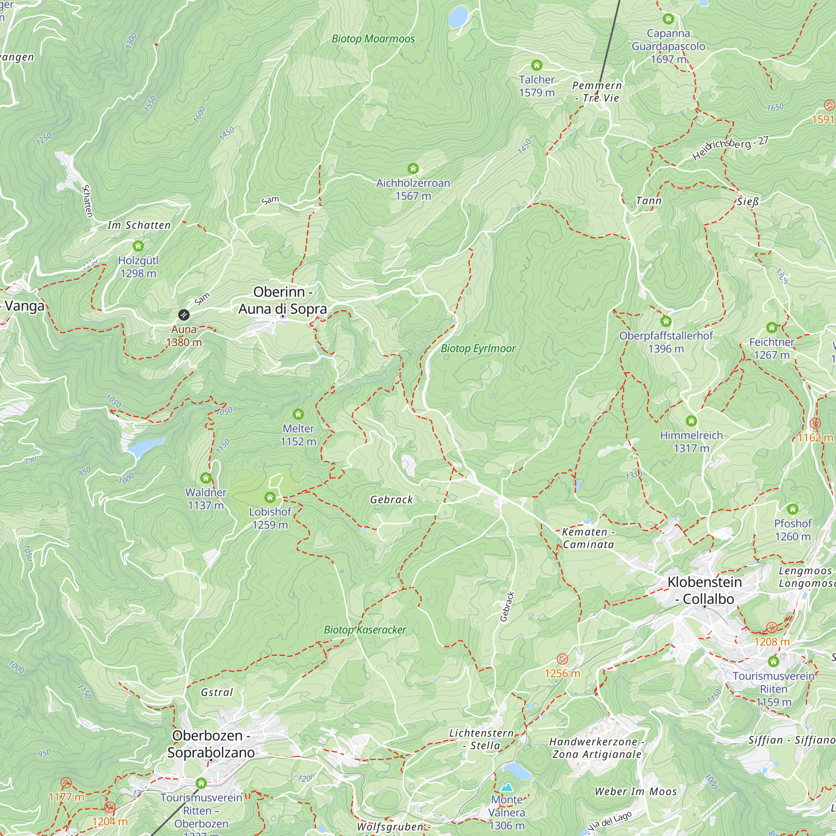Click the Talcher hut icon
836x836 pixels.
[537, 65]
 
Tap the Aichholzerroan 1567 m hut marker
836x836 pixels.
[413, 168]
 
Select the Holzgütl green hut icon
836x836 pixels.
[138, 246]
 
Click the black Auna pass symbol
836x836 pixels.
[184, 315]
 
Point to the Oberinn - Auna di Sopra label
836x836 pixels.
[283, 300]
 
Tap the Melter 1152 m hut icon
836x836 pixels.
[298, 414]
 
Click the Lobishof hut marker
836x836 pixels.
[270, 497]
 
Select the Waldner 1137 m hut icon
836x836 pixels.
[206, 478]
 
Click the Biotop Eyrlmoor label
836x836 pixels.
[478, 348]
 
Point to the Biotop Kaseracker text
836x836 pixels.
[365, 630]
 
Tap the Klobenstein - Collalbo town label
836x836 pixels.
[704, 590]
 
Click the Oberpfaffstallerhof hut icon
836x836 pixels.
[666, 321]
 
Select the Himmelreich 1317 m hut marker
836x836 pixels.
[691, 421]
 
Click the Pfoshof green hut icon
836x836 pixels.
[792, 509]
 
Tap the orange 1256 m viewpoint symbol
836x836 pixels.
[562, 659]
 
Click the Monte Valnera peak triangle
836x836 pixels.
[506, 787]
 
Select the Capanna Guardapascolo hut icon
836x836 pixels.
[668, 19]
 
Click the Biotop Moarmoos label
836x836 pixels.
[373, 39]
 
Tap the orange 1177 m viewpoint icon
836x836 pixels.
[66, 782]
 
